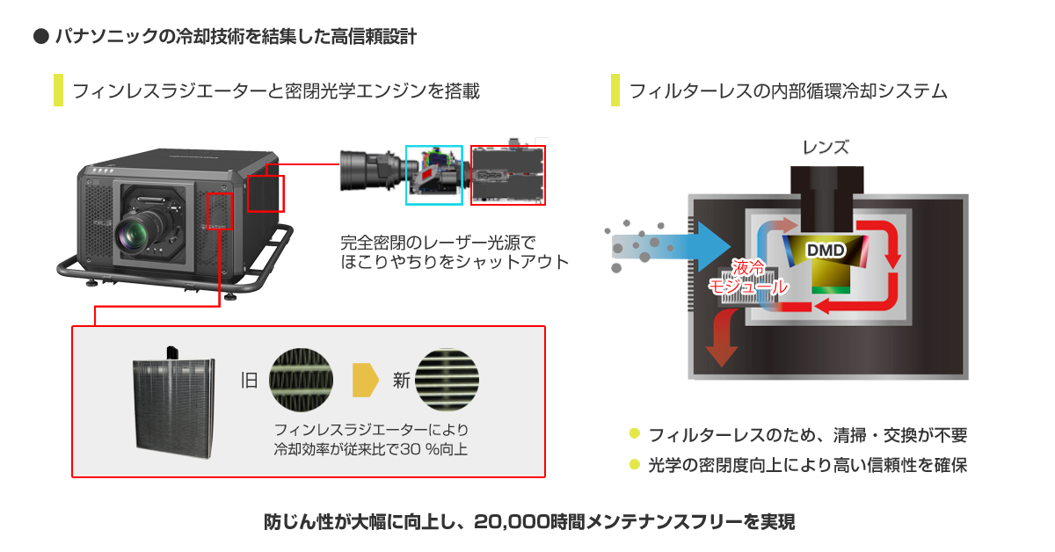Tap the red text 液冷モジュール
748,276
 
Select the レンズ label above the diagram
826,147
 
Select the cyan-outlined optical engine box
433,174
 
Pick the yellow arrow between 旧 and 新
365,380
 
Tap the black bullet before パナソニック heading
39,37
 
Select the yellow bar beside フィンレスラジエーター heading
58,91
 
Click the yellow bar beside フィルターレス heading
615,91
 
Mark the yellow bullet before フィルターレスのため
634,434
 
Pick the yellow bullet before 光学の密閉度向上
634,464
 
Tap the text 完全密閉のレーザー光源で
437,240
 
